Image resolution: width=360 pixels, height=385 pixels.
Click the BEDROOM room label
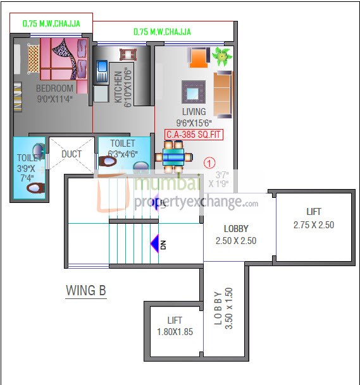coord(54,89)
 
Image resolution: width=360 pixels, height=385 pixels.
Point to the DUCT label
coord(71,154)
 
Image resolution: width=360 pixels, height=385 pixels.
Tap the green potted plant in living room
coord(221,56)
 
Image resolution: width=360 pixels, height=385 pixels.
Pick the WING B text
coord(86,290)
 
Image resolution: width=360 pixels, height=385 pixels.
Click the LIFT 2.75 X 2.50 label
coord(313,218)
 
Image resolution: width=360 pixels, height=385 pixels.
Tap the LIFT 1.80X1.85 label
coord(175,326)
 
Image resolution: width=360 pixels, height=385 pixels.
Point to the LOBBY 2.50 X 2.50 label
coord(236,235)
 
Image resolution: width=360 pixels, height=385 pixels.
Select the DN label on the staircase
coord(163,243)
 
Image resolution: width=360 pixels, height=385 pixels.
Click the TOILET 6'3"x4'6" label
coord(122,148)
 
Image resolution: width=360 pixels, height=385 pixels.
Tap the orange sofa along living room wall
coord(223,94)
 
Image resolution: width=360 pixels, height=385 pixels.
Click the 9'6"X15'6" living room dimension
coord(194,123)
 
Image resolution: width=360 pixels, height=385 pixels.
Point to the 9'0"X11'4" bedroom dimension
coord(54,99)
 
